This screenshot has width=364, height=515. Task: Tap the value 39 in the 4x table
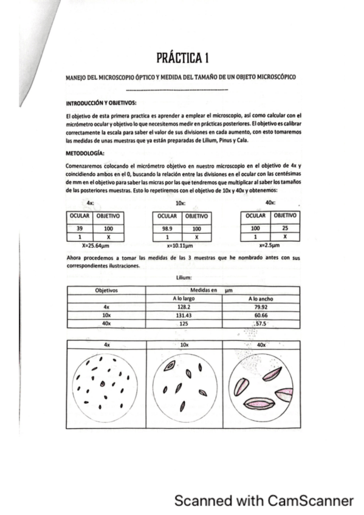80,228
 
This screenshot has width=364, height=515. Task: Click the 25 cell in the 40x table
284,228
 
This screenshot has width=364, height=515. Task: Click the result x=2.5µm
269,247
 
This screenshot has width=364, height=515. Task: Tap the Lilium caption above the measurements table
184,277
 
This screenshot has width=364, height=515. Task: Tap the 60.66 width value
261,315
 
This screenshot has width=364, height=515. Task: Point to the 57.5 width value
261,324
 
